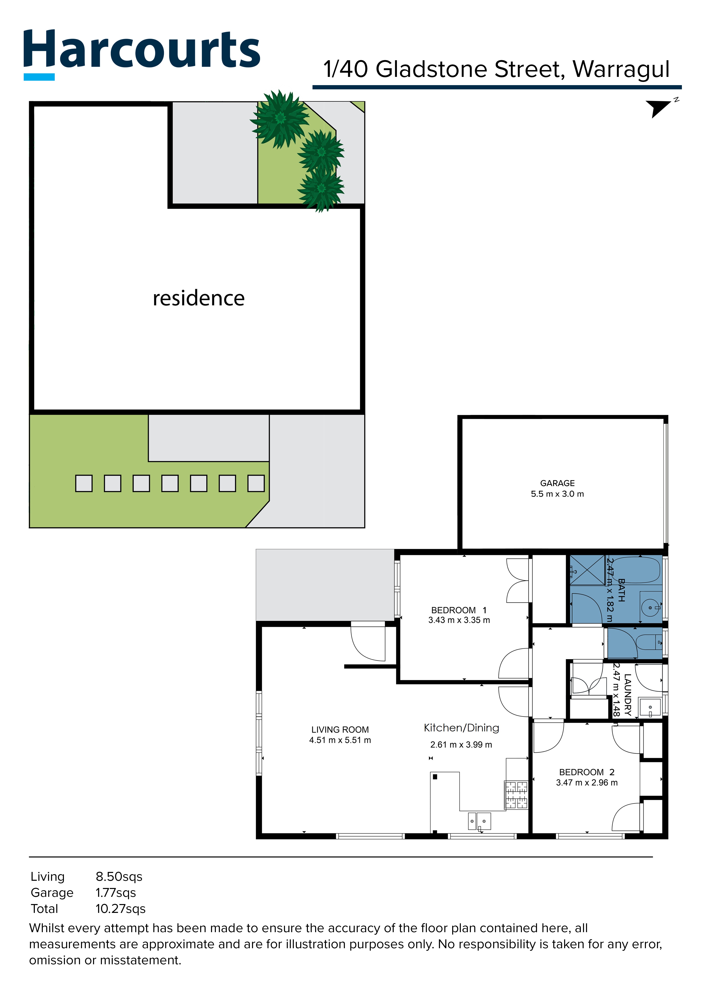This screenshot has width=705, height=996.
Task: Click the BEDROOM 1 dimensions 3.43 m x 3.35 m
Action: (x=459, y=620)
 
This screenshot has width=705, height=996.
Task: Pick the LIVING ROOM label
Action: (x=340, y=730)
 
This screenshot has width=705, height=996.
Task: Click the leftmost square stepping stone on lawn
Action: (x=84, y=483)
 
